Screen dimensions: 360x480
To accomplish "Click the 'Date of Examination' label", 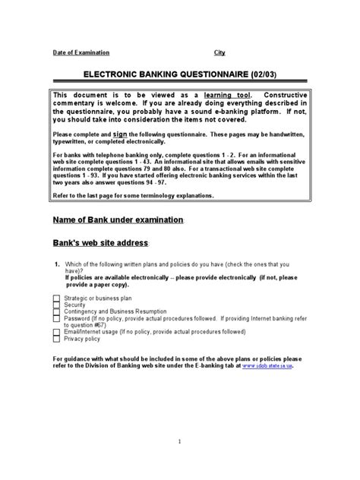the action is click(x=81, y=52).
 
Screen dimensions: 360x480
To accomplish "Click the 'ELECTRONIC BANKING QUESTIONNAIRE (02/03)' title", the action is click(x=179, y=74).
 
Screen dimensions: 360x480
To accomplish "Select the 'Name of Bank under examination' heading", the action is click(x=118, y=219).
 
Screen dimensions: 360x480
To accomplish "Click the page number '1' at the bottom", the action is click(x=178, y=441).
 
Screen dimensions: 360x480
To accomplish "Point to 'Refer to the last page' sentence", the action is click(x=122, y=195).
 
